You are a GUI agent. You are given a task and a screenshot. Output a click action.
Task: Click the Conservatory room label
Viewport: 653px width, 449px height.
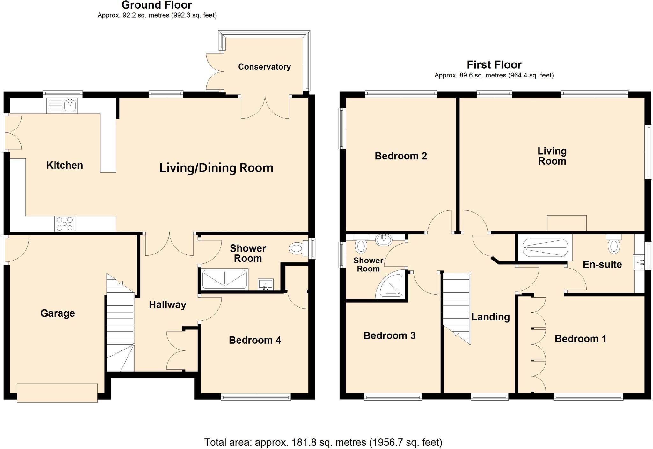click(264, 67)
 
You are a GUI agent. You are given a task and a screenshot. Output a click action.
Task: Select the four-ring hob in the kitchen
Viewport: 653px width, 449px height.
click(65, 224)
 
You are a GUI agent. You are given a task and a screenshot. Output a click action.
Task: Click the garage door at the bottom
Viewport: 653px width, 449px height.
click(57, 393)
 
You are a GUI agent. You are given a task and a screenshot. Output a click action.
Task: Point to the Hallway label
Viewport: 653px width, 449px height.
click(167, 305)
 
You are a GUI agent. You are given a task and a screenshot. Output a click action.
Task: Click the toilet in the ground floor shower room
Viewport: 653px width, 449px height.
click(297, 248)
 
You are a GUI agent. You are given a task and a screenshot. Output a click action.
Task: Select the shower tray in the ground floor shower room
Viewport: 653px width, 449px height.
click(225, 279)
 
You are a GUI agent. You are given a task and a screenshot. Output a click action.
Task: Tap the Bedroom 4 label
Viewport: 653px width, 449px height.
click(255, 340)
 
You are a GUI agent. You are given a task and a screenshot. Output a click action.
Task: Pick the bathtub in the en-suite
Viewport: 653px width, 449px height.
click(546, 248)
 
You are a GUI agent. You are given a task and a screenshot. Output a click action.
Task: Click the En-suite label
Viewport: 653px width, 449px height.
click(602, 264)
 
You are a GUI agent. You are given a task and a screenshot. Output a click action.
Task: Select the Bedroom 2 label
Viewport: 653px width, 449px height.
click(400, 156)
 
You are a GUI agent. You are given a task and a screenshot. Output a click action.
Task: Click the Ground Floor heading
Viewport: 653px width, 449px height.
click(157, 5)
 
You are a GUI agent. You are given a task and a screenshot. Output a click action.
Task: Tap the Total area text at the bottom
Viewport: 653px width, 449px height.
click(323, 442)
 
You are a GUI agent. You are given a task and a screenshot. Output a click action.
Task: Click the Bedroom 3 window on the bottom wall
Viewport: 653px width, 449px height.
click(393, 397)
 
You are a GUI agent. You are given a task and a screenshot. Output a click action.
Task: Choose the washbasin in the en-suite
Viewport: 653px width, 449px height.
click(639, 262)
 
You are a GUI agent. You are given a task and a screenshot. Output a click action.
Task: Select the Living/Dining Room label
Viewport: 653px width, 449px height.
click(216, 168)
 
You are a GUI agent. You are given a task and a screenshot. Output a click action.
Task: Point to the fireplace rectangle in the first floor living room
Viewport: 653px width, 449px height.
click(567, 223)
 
